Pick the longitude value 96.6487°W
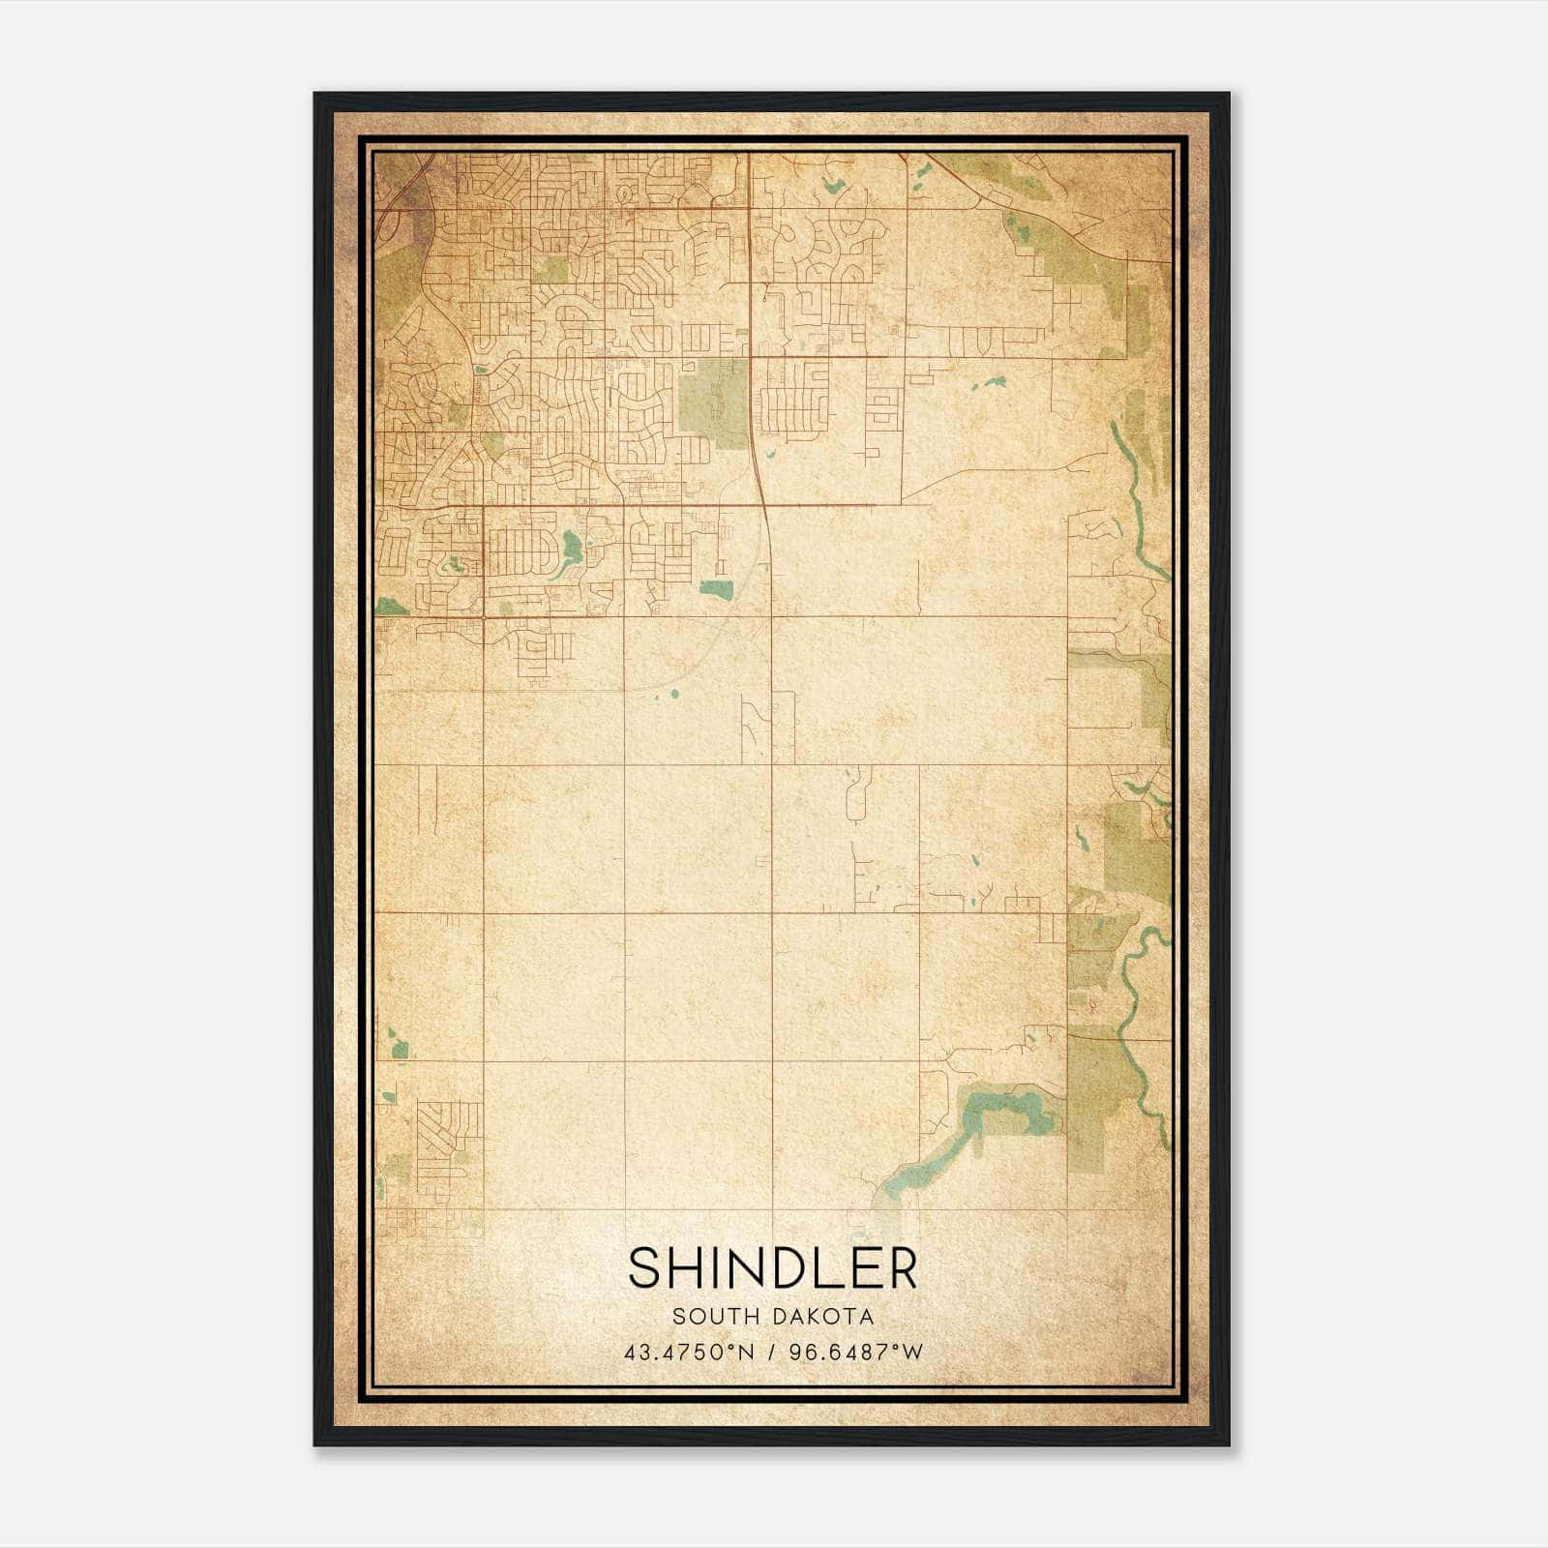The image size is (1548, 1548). (857, 1352)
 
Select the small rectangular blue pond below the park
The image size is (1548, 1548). (717, 587)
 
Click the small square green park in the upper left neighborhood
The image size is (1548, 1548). (550, 269)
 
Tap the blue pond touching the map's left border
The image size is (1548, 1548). (391, 606)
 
